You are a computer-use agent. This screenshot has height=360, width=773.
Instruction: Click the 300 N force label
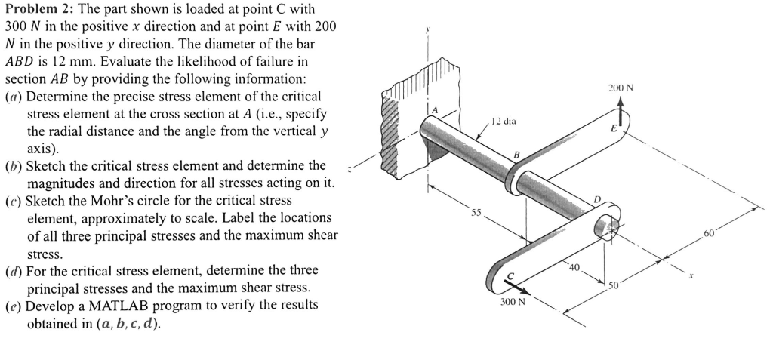pyautogui.click(x=513, y=302)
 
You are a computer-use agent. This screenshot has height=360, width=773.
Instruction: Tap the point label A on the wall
pyautogui.click(x=435, y=111)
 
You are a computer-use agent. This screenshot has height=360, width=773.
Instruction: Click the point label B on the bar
pyautogui.click(x=516, y=155)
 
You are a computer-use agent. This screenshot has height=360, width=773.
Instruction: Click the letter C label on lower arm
pyautogui.click(x=509, y=275)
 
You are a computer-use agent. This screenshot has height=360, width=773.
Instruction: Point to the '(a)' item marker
pyautogui.click(x=14, y=97)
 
